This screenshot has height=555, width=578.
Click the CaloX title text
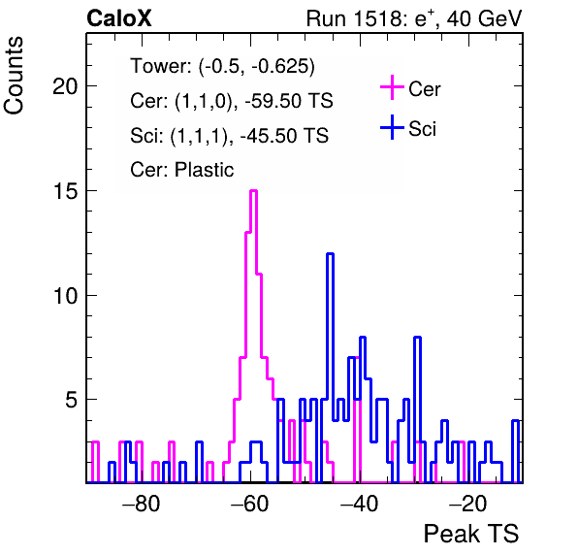coord(119,18)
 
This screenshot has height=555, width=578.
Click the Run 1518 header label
coord(414,18)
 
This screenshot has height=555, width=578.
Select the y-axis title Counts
coord(14,76)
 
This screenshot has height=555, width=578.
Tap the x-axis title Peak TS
coord(471,534)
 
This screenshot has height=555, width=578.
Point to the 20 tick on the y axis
coord(65,86)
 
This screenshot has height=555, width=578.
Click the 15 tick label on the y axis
coord(65,191)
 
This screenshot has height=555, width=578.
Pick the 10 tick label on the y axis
coord(65,296)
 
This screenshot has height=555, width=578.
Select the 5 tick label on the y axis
coord(72,400)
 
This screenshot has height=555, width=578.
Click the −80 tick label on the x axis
coord(142,504)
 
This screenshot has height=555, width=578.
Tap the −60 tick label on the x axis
coord(250,504)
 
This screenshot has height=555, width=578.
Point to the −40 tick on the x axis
coord(359,504)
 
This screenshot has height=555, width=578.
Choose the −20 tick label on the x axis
coord(467,504)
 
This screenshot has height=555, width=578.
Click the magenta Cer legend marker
coord(392,87)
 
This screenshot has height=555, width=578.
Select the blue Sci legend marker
coord(392,127)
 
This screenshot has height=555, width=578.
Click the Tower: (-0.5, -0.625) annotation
coord(223,66)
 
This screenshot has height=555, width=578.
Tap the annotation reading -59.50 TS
coord(289,101)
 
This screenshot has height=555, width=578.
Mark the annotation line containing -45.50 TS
coord(229,135)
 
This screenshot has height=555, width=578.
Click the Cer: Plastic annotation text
coord(182,170)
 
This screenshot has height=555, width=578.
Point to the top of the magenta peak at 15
coord(253,190)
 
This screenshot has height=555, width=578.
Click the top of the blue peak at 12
coord(331,253)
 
